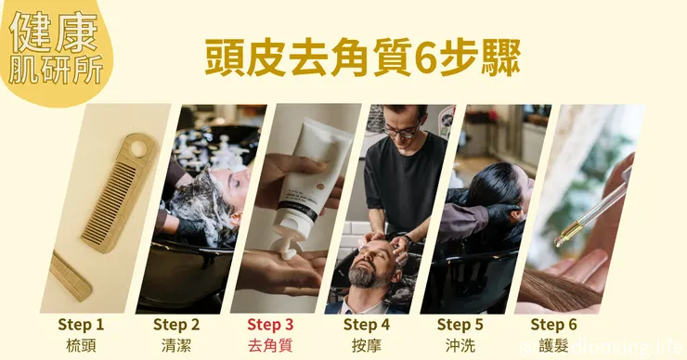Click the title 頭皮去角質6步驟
click(362, 58)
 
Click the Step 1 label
click(81, 324)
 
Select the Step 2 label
click(176, 324)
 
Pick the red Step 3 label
click(271, 324)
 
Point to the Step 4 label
click(367, 324)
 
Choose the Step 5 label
click(460, 324)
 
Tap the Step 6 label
click(553, 324)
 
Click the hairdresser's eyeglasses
click(402, 131)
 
